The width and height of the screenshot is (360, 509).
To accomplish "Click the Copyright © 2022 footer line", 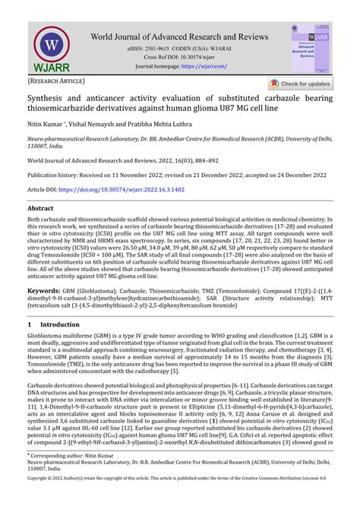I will click(x=180, y=500).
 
